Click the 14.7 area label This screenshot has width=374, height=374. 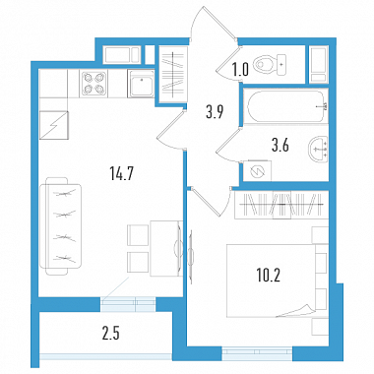[x=121, y=174]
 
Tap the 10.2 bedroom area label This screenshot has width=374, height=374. [x=269, y=276]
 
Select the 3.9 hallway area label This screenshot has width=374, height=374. [x=215, y=112]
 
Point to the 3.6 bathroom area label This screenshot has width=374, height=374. [x=280, y=145]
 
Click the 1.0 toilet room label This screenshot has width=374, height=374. [x=240, y=70]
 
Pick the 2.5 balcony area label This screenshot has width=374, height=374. [x=111, y=334]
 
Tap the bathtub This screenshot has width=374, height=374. [x=285, y=106]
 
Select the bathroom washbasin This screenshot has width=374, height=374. [x=318, y=150]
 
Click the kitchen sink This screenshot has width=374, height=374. [x=141, y=84]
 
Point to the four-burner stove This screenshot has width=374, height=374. [x=93, y=84]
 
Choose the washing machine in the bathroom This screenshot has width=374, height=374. [x=257, y=170]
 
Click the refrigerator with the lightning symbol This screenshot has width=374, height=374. [x=54, y=125]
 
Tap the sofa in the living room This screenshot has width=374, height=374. [x=60, y=226]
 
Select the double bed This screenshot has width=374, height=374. [x=278, y=280]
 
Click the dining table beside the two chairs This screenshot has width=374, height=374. [x=166, y=248]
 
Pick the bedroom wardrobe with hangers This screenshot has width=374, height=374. [x=281, y=205]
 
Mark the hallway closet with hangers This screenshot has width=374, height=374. [x=173, y=75]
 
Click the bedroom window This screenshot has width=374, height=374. [x=257, y=351]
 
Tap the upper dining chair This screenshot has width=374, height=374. [x=138, y=235]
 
